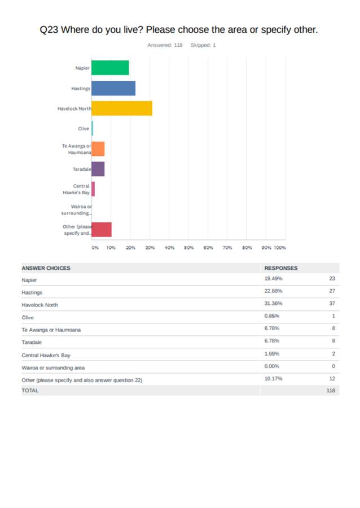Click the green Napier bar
click(x=110, y=68)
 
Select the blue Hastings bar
click(x=113, y=88)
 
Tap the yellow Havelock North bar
click(x=122, y=108)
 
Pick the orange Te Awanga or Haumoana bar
click(x=98, y=149)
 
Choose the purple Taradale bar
click(x=98, y=169)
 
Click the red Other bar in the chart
click(x=102, y=230)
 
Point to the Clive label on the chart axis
click(x=84, y=129)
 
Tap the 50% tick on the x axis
click(x=189, y=248)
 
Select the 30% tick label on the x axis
click(x=150, y=248)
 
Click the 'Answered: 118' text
click(x=165, y=45)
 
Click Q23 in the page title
click(x=49, y=29)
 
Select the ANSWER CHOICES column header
click(x=46, y=268)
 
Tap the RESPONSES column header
click(x=281, y=268)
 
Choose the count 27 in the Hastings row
click(x=332, y=291)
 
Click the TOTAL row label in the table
click(x=30, y=391)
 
